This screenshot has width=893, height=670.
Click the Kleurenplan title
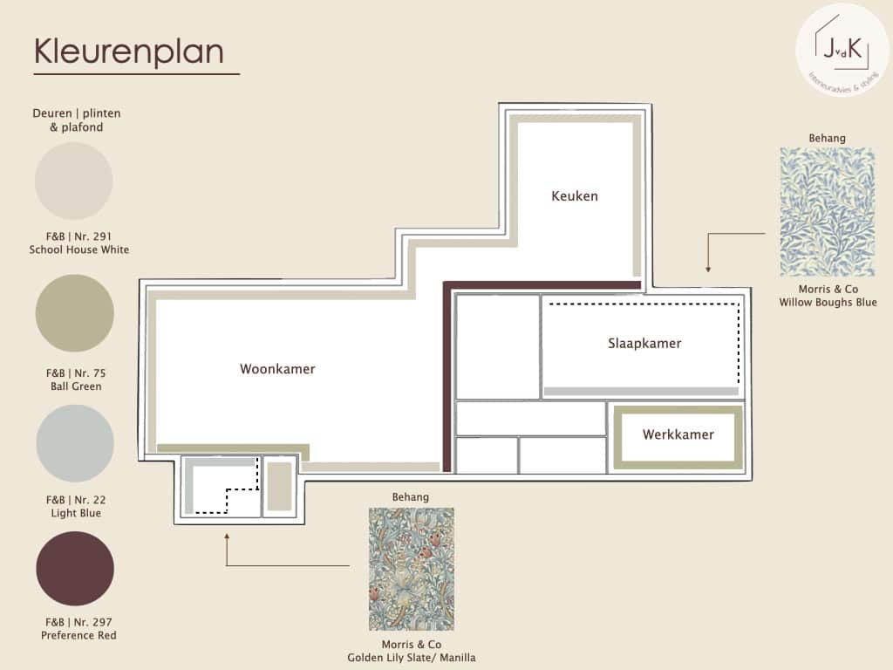pos(129,51)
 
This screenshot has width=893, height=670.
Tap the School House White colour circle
pos(74,181)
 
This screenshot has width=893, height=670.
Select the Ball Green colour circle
pos(75,313)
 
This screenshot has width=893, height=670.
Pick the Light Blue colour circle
pos(75,443)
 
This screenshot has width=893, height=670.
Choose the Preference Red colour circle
pos(75,569)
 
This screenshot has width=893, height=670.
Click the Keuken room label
pos(575,196)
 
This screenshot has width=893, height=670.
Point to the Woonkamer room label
pos(277,369)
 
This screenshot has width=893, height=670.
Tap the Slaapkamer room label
pos(644,343)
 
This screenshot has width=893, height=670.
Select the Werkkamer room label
pos(678,434)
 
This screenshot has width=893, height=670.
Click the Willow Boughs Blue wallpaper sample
pos(827,212)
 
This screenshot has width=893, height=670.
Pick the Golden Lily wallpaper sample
pos(412,569)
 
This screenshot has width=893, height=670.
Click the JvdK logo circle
pos(842,50)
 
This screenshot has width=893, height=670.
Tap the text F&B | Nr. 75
pos(76,373)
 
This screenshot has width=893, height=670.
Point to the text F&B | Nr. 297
pos(78,622)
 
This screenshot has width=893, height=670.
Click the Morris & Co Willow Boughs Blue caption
pos(828,296)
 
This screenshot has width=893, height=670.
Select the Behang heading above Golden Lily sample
pos(410,496)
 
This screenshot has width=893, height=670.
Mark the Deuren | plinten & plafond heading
pos(77,120)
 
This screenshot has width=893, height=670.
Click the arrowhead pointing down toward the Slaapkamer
pos(708,269)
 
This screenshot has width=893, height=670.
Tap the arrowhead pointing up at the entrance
pos(227,537)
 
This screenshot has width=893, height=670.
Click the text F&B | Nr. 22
pos(76,500)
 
